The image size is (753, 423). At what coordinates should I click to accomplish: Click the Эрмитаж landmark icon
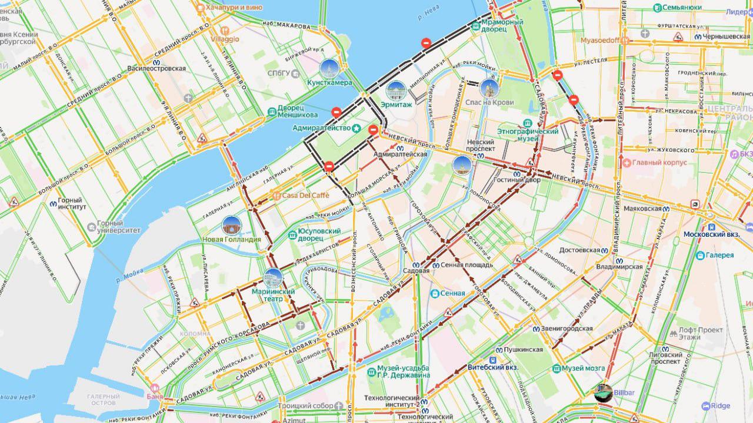pos(395,90)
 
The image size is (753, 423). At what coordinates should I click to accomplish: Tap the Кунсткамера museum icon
pos(329,68)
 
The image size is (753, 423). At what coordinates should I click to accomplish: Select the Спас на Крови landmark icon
pos(489,88)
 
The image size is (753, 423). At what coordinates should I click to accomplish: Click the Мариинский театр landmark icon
pos(273,277)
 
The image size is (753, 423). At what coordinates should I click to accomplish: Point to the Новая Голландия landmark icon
pos(232,225)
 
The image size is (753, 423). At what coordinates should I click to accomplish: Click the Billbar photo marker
pos(604,394)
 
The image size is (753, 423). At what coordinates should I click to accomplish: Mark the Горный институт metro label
pos(72,203)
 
